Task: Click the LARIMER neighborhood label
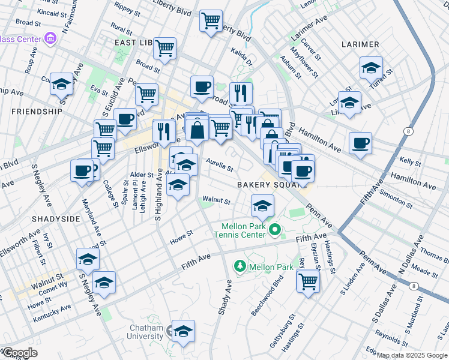point(360,44)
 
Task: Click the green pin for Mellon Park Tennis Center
point(276,229)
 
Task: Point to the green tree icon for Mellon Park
point(240,266)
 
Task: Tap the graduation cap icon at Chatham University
point(183,330)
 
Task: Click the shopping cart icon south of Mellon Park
point(308,280)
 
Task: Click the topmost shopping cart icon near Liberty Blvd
point(211,20)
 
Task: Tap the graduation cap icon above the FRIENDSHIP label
point(61,84)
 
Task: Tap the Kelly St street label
point(410,162)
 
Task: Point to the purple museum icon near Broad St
point(50,40)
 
